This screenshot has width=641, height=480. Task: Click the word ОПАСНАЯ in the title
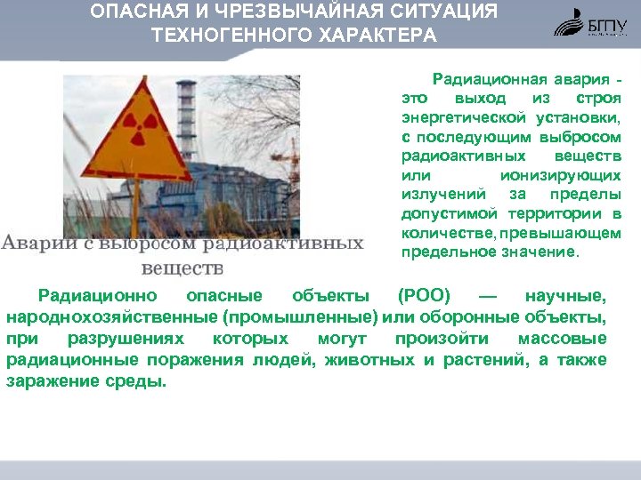(x=134, y=12)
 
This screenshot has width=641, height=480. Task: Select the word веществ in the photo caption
(x=182, y=267)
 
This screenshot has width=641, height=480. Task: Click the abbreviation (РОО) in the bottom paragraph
(x=424, y=296)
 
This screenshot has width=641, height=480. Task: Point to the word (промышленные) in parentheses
(x=302, y=317)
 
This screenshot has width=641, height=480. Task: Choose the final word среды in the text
(x=142, y=381)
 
